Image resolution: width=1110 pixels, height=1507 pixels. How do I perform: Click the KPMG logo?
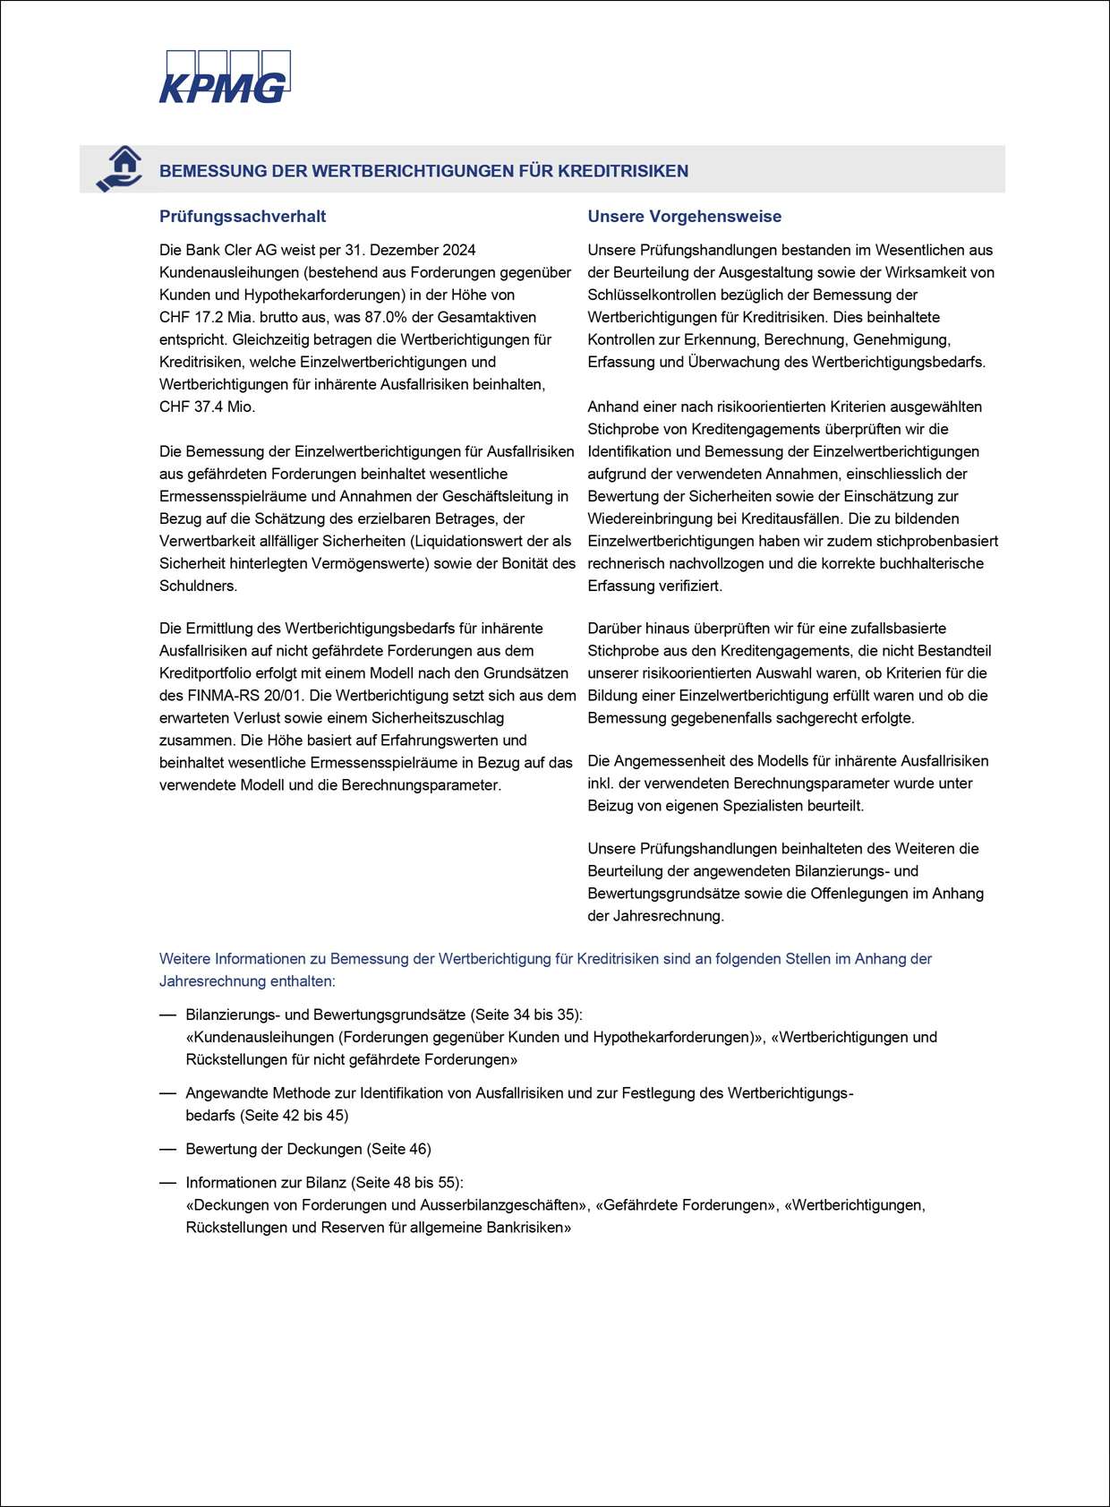coord(225,77)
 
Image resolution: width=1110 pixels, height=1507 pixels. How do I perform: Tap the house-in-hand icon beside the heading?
coord(120,168)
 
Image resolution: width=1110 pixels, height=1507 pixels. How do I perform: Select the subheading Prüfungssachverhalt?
coord(242,217)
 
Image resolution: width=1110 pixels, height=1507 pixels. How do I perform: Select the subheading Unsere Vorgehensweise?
coord(684,217)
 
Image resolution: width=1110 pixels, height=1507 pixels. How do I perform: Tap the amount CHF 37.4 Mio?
coord(207,407)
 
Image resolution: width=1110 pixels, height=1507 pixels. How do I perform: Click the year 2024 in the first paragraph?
coord(458,250)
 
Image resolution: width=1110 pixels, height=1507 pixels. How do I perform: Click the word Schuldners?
coord(198,586)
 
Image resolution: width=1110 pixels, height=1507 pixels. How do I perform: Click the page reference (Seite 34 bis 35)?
coord(525,1015)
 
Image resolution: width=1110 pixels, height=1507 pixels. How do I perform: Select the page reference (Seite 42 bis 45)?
coord(294,1116)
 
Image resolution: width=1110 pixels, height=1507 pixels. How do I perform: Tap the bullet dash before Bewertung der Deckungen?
coord(167,1149)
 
